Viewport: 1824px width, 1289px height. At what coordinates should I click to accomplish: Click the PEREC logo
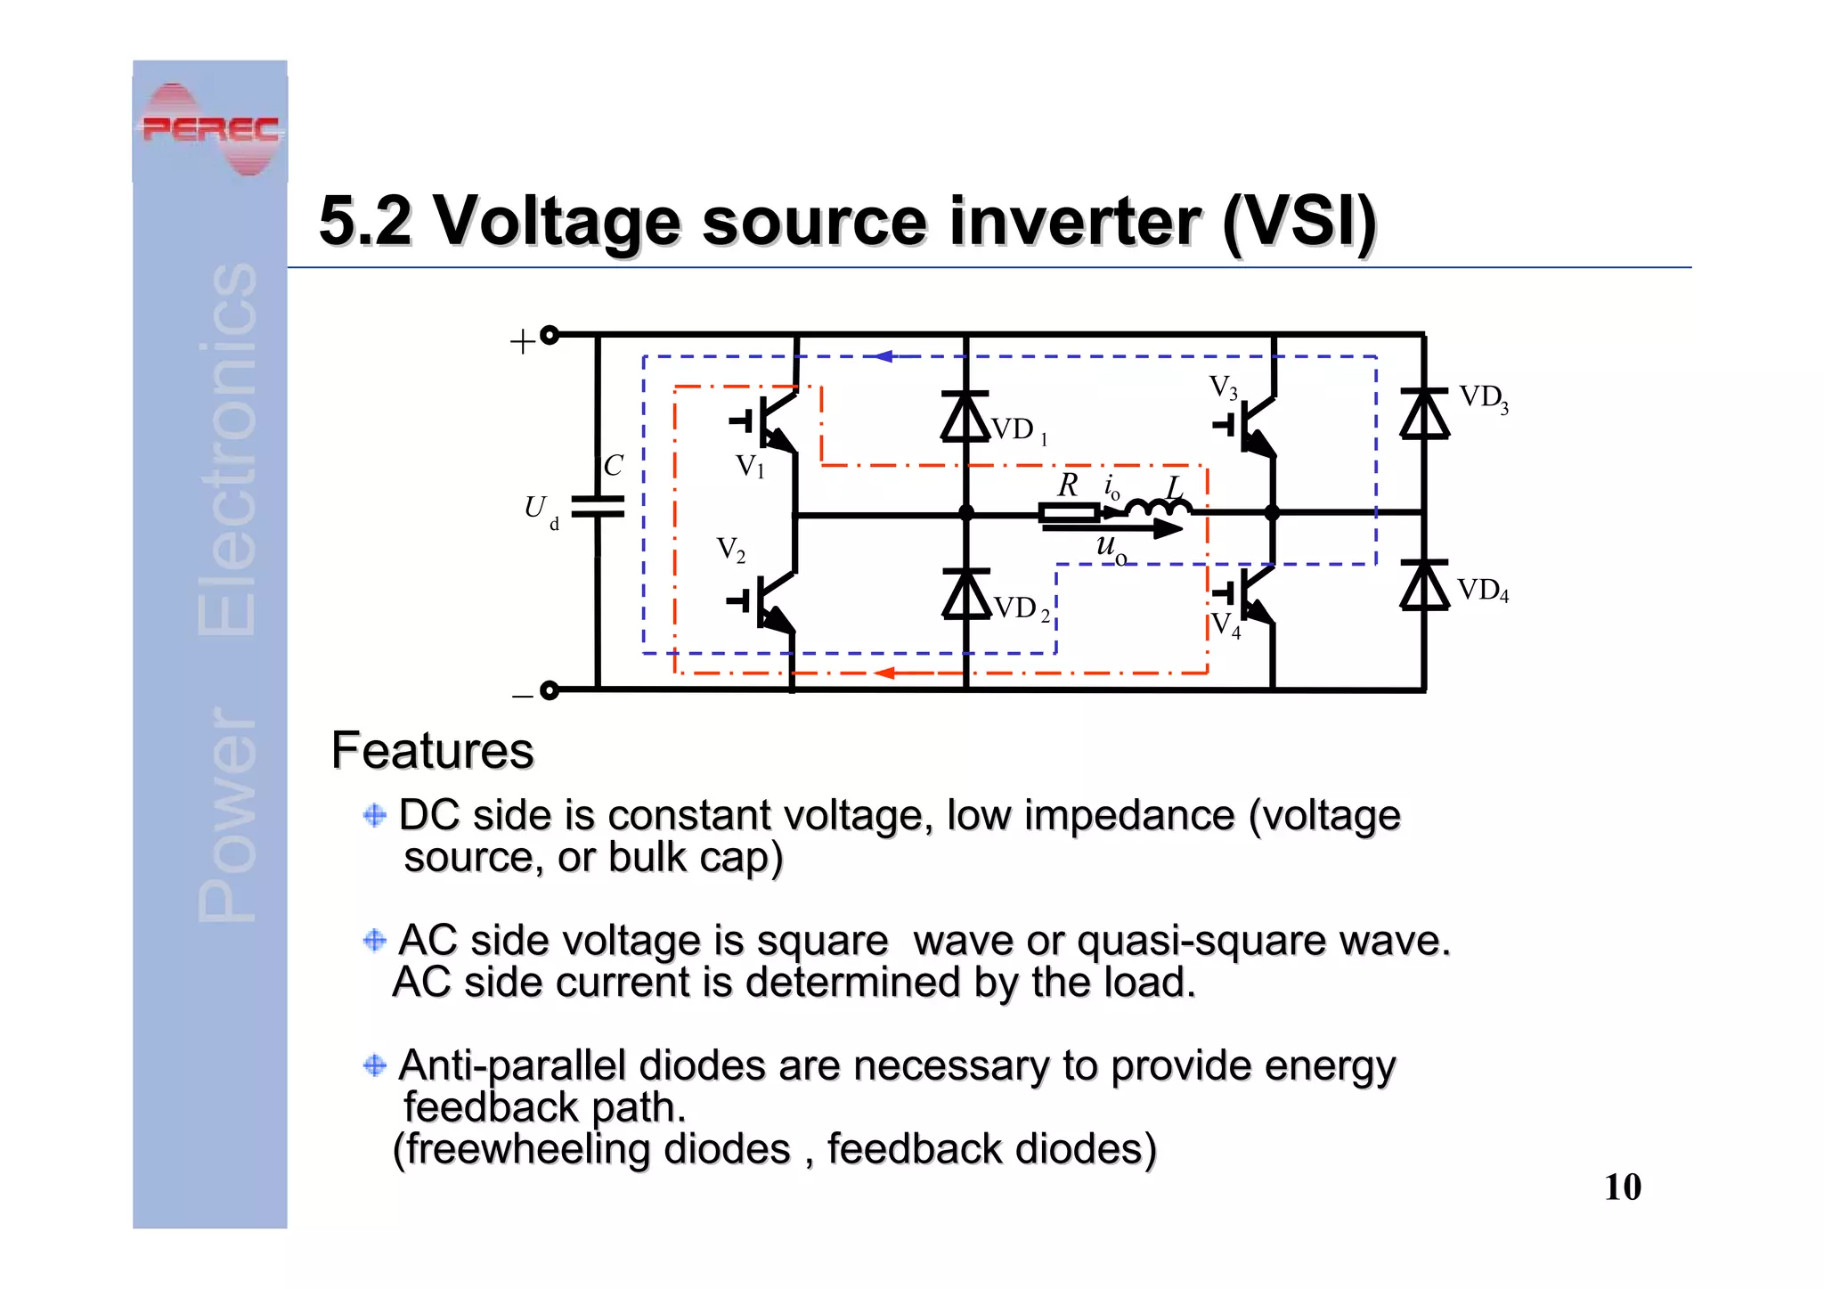click(211, 130)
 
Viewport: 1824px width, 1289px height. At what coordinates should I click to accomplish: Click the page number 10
click(1622, 1187)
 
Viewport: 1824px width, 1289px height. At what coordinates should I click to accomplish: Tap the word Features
click(432, 750)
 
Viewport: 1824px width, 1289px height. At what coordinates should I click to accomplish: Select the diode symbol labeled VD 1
click(965, 417)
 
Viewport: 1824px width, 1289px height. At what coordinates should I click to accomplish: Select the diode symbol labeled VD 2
click(965, 594)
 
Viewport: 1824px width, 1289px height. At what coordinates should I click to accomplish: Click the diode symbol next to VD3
click(1424, 414)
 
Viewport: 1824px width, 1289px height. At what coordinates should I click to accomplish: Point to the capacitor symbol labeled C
click(598, 507)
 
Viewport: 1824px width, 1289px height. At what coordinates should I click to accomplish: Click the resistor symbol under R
click(1069, 513)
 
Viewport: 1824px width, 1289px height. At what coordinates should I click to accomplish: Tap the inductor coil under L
click(1158, 509)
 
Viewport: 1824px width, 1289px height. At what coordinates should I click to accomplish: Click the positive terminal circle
click(550, 335)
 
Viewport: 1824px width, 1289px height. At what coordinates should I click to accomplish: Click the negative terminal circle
click(550, 690)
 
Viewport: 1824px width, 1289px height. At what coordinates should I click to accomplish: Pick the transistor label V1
click(750, 466)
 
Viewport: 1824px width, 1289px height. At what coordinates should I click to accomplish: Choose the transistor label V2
click(731, 550)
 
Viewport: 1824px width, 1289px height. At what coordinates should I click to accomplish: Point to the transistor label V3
click(1223, 388)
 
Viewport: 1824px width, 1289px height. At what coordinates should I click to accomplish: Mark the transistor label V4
click(1225, 624)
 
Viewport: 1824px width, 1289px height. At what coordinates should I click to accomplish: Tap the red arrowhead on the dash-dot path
click(883, 673)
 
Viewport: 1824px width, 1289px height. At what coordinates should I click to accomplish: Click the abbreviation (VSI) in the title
click(1299, 221)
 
